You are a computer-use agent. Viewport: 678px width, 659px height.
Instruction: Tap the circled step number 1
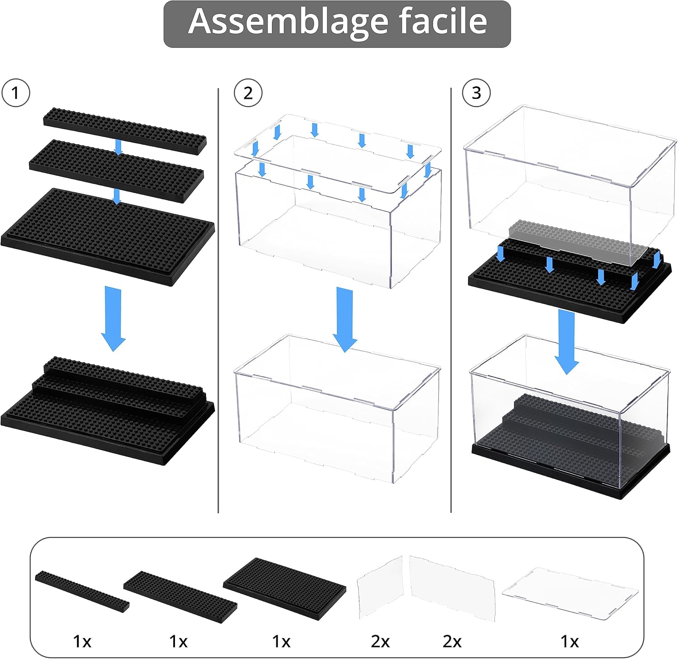16,93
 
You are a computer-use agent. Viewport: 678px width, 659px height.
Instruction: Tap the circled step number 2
248,93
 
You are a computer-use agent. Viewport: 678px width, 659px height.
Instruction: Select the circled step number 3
476,93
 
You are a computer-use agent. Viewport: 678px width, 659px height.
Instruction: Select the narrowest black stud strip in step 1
125,131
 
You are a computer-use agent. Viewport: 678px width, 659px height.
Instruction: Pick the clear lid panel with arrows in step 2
337,154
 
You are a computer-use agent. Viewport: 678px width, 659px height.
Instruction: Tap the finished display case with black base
570,421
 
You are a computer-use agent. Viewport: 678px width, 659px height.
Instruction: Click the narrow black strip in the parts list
82,591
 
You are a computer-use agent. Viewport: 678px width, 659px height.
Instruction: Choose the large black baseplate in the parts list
284,588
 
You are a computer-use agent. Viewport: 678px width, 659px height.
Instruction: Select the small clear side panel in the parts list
380,587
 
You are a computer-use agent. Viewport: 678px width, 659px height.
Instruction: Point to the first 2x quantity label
380,641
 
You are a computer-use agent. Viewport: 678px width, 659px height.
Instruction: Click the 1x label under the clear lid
570,641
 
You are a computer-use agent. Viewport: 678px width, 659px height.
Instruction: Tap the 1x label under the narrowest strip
82,641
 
